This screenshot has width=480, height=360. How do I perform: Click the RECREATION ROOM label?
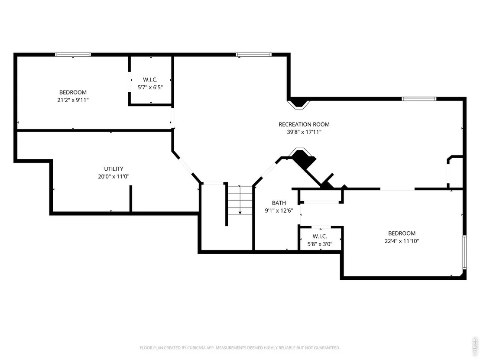(304, 124)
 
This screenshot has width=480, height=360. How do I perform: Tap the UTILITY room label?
(114, 169)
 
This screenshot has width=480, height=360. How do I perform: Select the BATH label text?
(279, 203)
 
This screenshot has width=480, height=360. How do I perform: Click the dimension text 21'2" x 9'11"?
(73, 100)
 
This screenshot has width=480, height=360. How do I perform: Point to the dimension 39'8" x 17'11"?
(304, 132)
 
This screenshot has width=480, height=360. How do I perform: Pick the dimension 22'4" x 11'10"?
(402, 241)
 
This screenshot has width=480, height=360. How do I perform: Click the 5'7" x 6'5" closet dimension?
(150, 87)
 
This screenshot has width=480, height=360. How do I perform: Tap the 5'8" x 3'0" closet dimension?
(320, 244)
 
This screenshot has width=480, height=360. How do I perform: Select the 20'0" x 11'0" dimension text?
(114, 176)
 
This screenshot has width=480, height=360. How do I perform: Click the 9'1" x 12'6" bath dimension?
(279, 210)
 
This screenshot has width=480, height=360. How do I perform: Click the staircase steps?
(240, 200)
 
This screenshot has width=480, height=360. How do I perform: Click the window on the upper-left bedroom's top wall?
(73, 55)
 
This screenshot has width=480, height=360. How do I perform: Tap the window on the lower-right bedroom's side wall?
(464, 252)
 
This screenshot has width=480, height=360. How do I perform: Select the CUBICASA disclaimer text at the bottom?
(240, 348)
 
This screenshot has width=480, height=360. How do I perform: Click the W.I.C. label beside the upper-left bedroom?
(150, 80)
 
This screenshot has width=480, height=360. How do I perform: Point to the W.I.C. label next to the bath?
(320, 237)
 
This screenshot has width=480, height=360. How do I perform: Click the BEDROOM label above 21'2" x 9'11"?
(73, 92)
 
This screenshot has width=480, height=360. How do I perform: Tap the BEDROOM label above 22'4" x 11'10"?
(402, 233)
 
